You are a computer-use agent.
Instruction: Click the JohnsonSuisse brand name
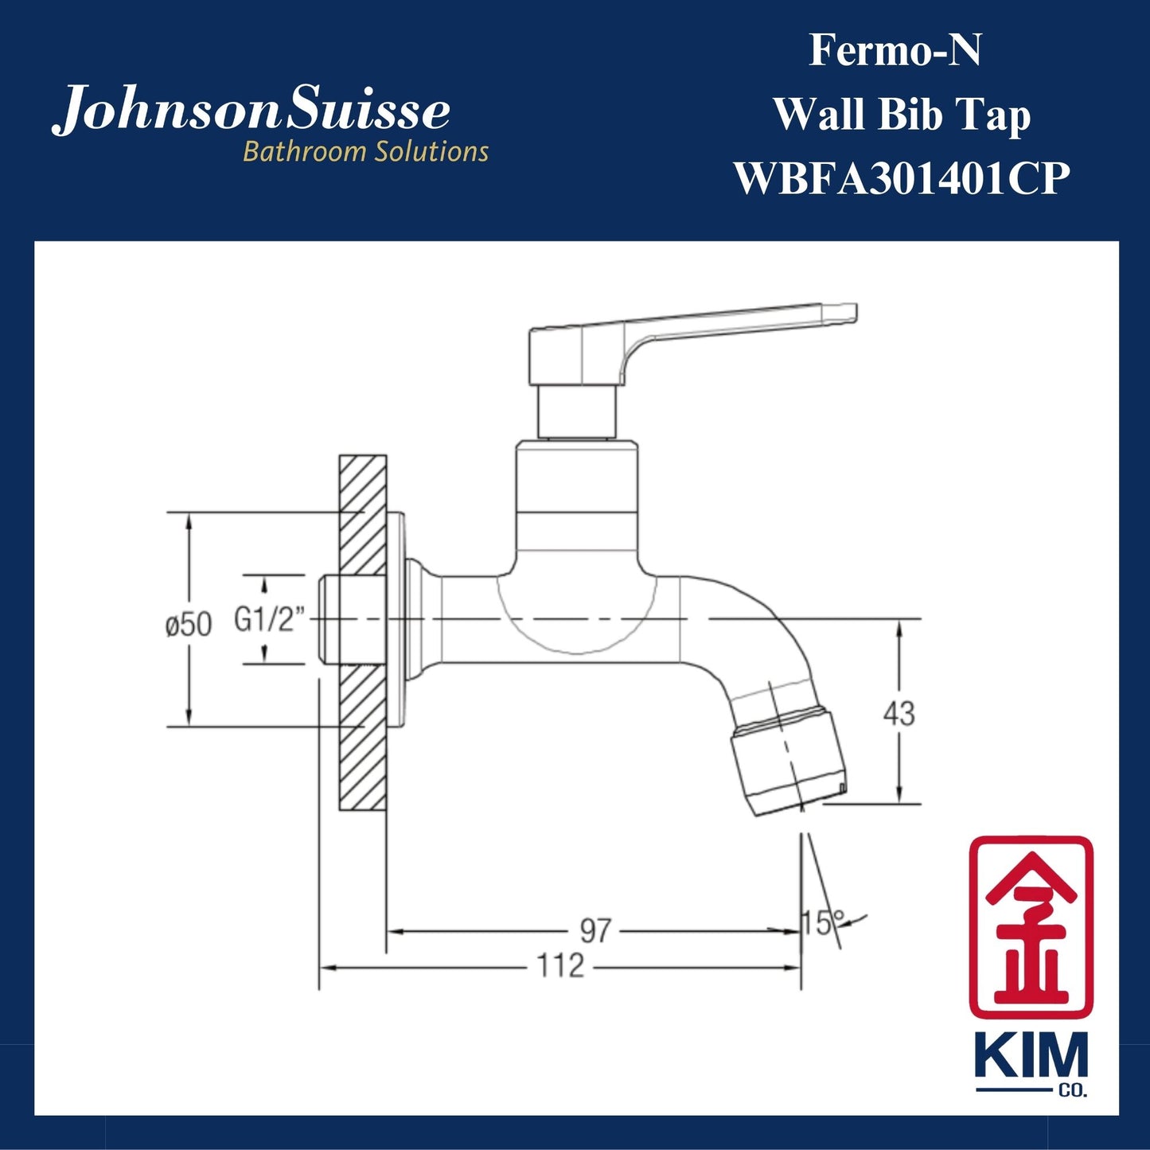[251, 111]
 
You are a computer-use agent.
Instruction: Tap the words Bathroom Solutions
[365, 151]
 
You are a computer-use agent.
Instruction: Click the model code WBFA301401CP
[901, 178]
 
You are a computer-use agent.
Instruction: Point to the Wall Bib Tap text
[902, 115]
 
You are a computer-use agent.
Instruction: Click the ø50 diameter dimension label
[189, 625]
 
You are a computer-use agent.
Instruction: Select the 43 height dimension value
[899, 714]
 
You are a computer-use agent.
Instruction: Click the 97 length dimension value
[594, 930]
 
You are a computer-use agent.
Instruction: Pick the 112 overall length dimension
[560, 966]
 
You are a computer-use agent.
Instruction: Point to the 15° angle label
[822, 923]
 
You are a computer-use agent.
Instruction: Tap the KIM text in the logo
[1031, 1057]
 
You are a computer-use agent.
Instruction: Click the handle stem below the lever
[577, 411]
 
